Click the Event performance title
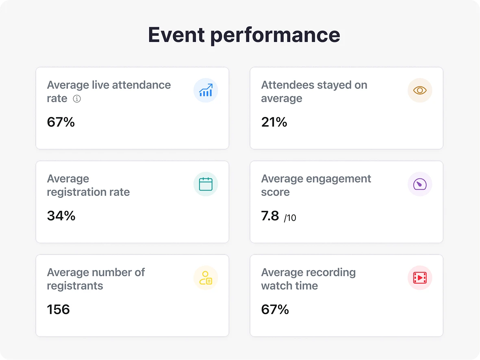(244, 35)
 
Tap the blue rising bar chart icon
(206, 90)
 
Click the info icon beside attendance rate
(76, 99)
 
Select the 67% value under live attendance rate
(61, 122)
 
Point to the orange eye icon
(419, 90)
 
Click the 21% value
(274, 122)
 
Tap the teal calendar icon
(206, 184)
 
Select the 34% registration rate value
(61, 216)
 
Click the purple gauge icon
(419, 184)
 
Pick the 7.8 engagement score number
(270, 216)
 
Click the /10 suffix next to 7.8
(290, 218)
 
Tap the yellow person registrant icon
(206, 278)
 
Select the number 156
(59, 310)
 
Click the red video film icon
(419, 278)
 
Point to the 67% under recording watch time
(275, 310)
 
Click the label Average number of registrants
(96, 279)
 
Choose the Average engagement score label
(316, 185)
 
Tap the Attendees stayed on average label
(314, 91)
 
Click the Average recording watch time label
(308, 279)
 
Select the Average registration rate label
(88, 185)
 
